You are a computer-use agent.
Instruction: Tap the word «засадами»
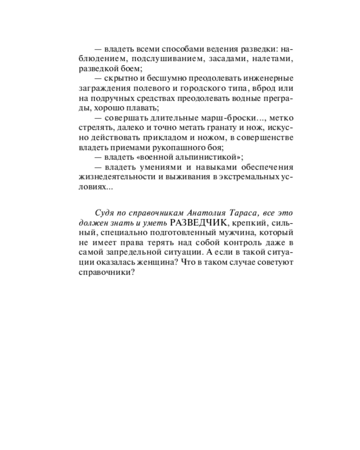tap(212, 58)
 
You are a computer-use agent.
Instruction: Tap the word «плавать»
tap(142, 108)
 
